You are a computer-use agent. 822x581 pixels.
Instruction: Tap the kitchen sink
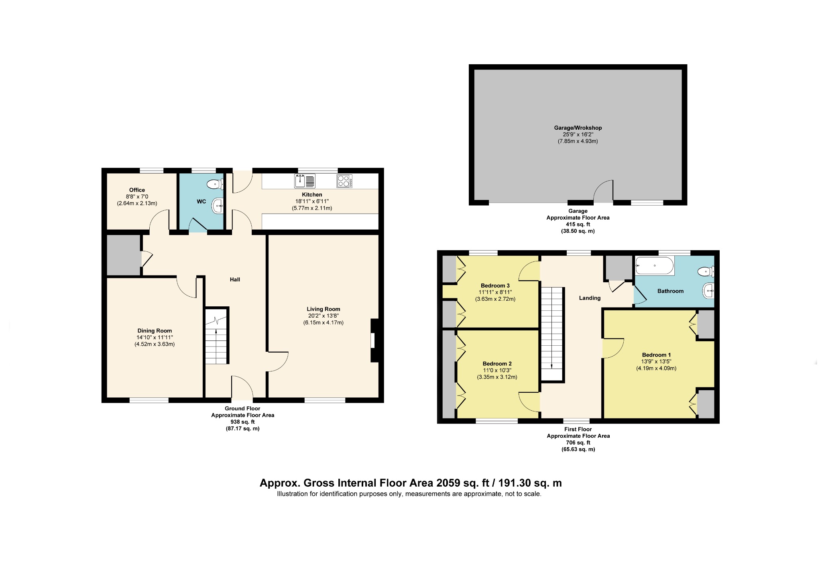point(305,181)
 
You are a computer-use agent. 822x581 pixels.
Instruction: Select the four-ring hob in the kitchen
point(344,181)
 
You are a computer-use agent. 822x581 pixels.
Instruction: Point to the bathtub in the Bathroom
point(655,266)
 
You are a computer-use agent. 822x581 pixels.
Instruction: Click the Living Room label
point(324,309)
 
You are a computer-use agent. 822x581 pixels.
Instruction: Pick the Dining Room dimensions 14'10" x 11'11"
point(155,338)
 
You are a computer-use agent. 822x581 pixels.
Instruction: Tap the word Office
point(137,190)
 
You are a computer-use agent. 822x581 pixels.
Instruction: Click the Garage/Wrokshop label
point(578,128)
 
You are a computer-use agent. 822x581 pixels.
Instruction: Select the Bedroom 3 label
point(495,286)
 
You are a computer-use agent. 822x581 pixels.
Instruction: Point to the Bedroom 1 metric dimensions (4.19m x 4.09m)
point(656,368)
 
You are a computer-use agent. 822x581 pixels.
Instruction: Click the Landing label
point(590,298)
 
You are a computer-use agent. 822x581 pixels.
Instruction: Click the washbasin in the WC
point(218,206)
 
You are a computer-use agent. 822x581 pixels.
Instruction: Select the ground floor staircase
point(217,336)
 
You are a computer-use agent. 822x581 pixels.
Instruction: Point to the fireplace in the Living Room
point(374,340)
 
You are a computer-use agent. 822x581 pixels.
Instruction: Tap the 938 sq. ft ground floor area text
point(242,422)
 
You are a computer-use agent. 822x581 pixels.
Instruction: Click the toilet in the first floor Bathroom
point(706,272)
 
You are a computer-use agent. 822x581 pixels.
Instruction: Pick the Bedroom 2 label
point(497,364)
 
